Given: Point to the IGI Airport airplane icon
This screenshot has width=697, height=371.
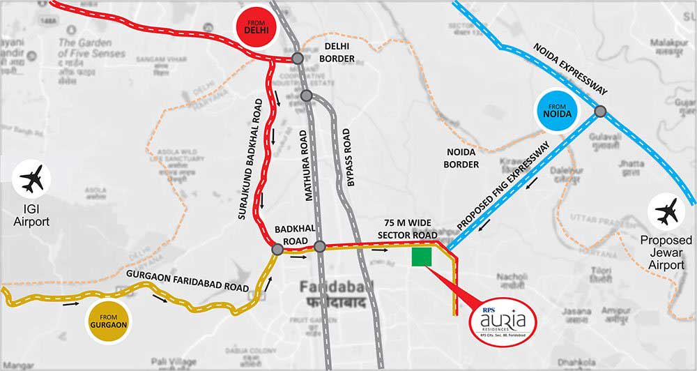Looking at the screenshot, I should click(32, 180).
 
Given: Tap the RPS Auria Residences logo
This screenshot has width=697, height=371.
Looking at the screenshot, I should click(503, 320).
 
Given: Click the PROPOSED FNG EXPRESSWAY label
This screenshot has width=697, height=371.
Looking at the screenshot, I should click(512, 186).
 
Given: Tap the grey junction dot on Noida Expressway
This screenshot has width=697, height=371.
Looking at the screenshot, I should click(599, 110).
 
